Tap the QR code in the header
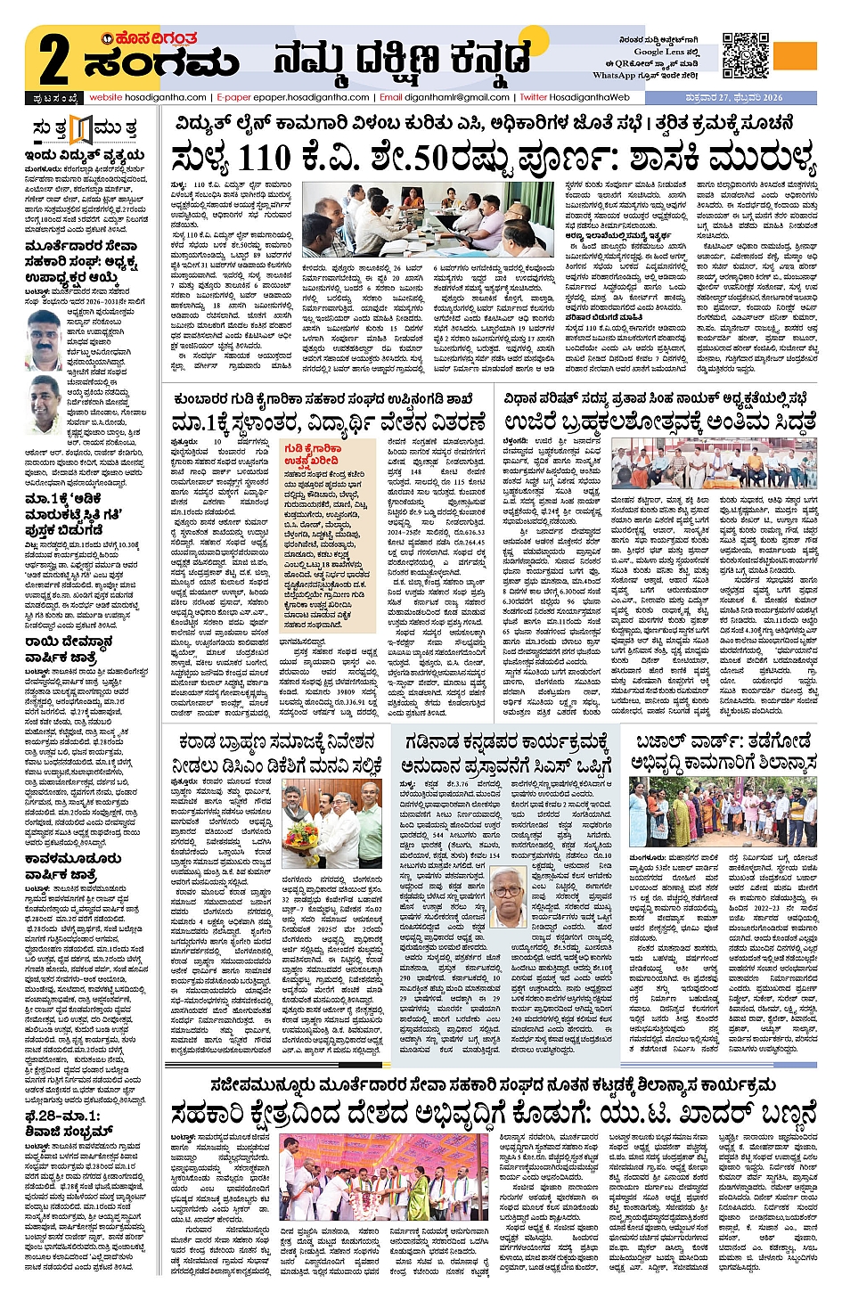(x=745, y=55)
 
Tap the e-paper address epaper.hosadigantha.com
(x=311, y=97)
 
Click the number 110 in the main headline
(x=264, y=159)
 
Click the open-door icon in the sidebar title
(x=81, y=128)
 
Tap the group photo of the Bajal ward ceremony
(x=723, y=813)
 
